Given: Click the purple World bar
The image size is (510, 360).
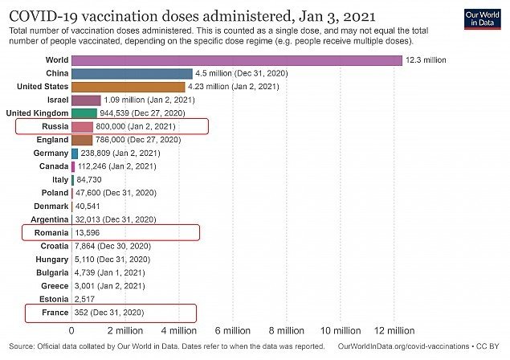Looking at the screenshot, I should click(x=236, y=60).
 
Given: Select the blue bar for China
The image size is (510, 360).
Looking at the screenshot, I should click(x=132, y=73).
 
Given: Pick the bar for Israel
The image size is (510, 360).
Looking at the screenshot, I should click(x=86, y=100).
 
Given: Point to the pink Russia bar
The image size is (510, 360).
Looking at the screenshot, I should click(x=82, y=126).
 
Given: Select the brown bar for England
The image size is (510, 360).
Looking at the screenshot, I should click(x=82, y=139).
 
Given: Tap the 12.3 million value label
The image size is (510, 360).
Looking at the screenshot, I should click(x=426, y=60).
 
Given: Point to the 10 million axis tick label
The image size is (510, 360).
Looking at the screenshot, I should click(x=341, y=330).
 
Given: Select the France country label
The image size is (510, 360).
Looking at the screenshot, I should click(x=51, y=312).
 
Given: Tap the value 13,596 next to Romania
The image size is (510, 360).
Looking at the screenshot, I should click(x=88, y=232).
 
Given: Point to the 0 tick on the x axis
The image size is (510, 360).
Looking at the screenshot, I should click(x=71, y=330).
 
